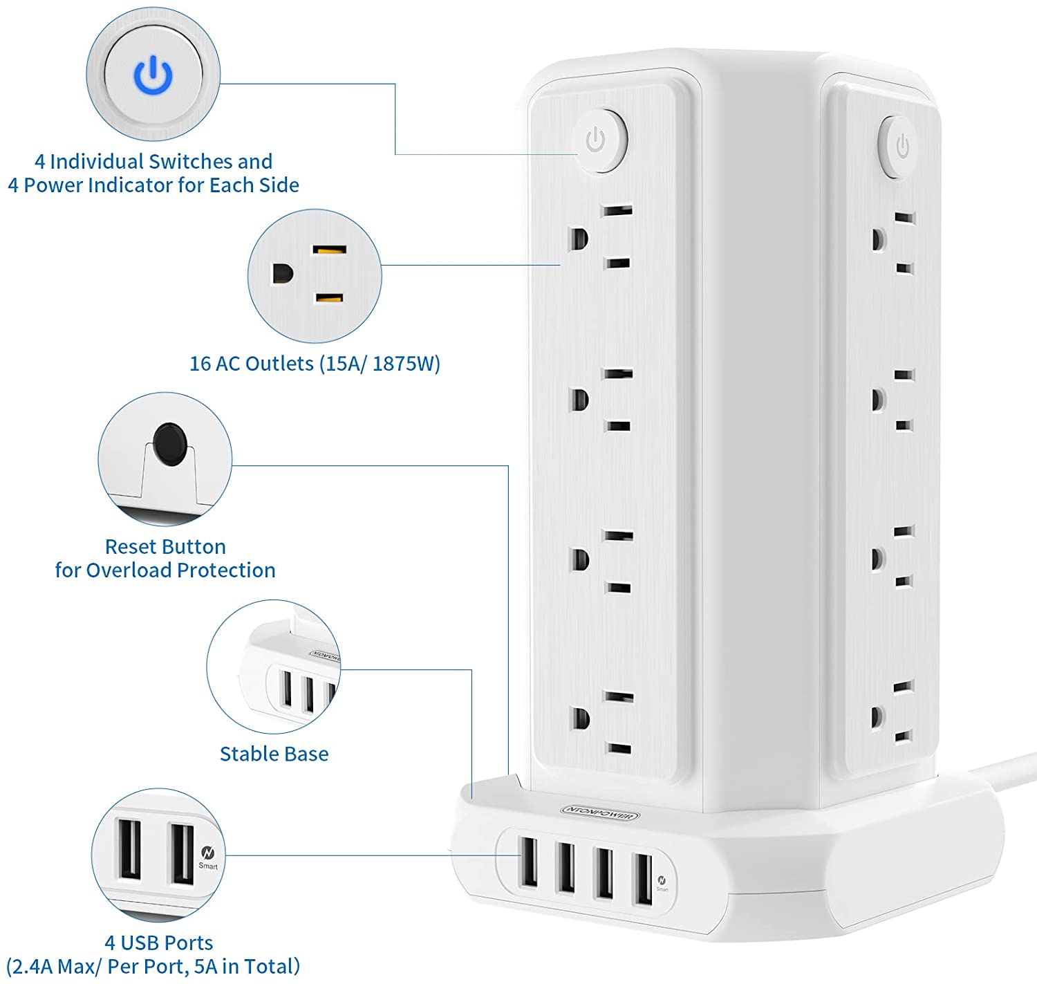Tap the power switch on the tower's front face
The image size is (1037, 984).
599,141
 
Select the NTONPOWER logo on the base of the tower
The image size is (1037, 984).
600,813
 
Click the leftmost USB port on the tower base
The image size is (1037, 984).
528,862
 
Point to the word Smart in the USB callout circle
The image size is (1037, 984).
208,866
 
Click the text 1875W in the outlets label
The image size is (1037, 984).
406,364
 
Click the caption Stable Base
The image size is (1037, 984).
274,754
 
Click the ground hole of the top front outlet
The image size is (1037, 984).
578,239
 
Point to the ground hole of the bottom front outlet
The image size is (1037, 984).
580,718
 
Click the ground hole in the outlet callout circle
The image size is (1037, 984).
282,274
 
